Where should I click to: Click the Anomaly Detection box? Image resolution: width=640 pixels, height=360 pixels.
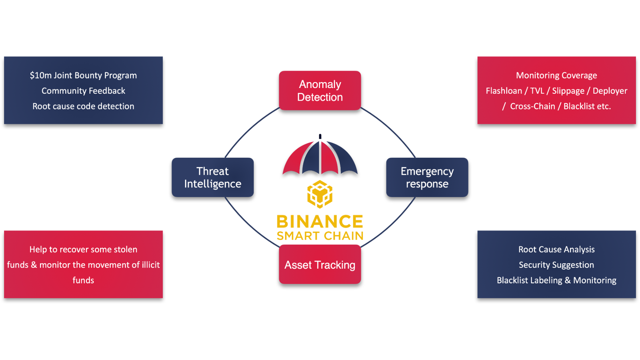320,91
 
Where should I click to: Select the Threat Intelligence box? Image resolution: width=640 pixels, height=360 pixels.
213,177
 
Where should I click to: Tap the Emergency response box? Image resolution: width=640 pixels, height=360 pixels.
427,177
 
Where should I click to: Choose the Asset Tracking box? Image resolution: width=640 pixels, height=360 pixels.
320,265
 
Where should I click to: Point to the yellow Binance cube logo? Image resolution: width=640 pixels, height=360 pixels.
320,194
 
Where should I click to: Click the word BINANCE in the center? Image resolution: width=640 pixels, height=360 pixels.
320,222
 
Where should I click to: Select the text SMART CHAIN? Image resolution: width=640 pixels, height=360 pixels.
320,236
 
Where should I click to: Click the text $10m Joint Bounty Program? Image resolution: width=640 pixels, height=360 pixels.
83,75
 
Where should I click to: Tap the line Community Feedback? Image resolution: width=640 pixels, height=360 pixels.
83,91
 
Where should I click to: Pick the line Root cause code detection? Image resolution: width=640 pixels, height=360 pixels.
83,106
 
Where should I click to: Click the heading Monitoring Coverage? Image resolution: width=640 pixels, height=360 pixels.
556,75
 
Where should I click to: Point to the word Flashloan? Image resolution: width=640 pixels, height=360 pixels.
504,91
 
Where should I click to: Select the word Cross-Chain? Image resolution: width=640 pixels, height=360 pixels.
532,106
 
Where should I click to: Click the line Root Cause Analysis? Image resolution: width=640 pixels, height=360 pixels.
556,249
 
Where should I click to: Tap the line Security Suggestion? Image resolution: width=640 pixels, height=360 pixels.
556,265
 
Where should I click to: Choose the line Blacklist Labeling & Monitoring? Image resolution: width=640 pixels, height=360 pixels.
556,280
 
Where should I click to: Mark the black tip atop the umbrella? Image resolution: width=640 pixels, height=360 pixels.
320,136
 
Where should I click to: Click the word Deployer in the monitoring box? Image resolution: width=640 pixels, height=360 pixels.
610,91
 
